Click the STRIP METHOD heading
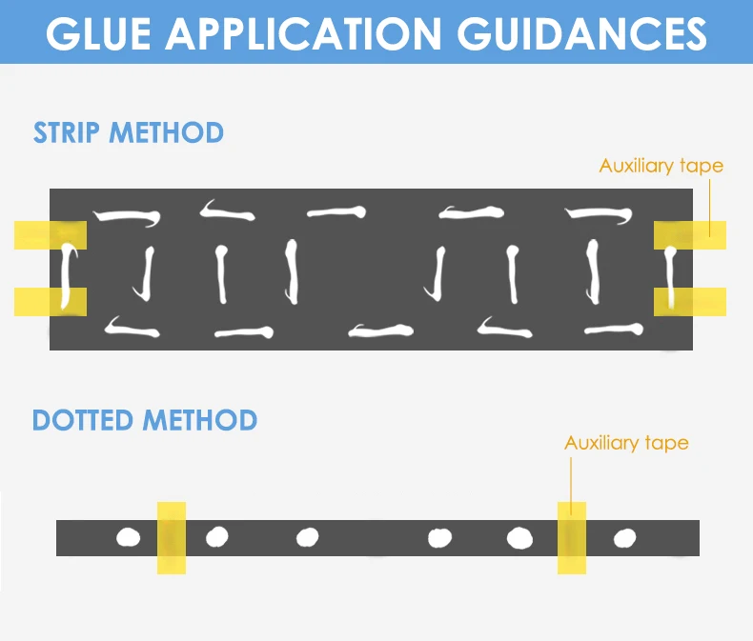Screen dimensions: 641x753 tap(129, 132)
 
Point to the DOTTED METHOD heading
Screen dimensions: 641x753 tap(145, 420)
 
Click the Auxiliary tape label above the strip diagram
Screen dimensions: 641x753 tap(661, 166)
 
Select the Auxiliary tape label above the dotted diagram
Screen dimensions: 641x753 tap(626, 443)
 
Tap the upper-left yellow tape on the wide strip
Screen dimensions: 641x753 tap(51, 234)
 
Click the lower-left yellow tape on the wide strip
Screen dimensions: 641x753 tap(51, 302)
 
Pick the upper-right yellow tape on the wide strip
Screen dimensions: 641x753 tap(689, 234)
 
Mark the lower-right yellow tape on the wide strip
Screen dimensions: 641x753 tap(689, 302)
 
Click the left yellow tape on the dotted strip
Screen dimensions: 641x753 tap(172, 538)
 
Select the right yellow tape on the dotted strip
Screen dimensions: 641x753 tap(572, 538)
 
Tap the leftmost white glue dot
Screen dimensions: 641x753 tap(128, 538)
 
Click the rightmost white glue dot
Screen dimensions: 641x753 tap(624, 538)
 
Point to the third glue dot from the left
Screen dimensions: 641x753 tap(307, 538)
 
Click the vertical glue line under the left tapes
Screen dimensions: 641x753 tap(67, 276)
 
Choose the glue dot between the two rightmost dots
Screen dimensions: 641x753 tap(519, 538)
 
